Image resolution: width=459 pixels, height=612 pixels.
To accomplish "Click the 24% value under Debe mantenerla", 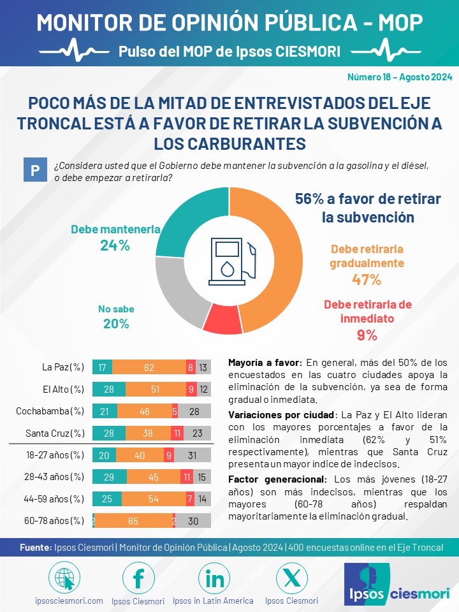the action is [115, 245].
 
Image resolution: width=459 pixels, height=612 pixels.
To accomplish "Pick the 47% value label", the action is [367, 279].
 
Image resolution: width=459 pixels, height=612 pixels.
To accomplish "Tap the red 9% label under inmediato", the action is [367, 335].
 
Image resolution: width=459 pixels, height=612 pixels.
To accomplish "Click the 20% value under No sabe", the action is [116, 324].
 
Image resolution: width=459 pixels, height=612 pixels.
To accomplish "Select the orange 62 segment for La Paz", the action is [149, 367].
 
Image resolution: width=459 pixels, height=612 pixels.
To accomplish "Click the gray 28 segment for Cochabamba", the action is [194, 411].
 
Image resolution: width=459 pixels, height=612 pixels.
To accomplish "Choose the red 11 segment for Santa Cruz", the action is [177, 433].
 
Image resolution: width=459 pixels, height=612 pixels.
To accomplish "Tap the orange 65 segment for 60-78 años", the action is [133, 521].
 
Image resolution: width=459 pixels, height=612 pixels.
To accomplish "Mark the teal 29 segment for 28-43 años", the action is [109, 477].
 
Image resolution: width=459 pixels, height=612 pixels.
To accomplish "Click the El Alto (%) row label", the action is [63, 389].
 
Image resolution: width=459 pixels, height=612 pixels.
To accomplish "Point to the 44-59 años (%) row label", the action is [54, 499].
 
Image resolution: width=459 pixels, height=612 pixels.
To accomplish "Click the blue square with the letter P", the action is [35, 170].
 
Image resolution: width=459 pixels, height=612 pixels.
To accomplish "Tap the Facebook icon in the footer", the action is [138, 578].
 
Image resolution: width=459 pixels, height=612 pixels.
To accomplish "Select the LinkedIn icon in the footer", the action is [214, 578].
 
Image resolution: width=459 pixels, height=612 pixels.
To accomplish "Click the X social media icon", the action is [291, 578].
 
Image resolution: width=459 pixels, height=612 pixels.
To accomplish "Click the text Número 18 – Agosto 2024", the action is [400, 77].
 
